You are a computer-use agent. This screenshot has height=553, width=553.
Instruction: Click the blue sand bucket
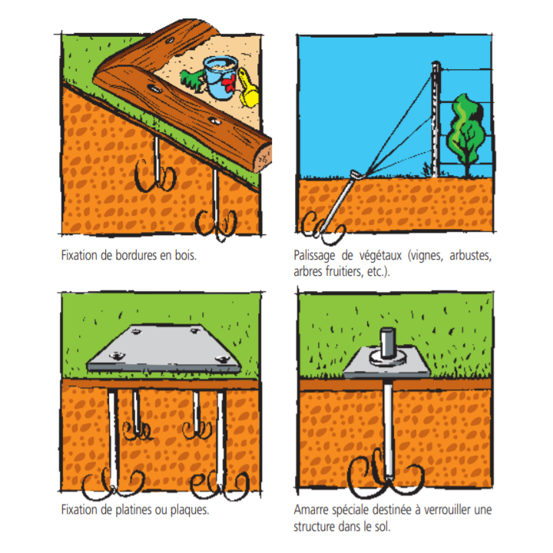pos(220,78)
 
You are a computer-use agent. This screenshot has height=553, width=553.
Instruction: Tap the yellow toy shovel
pos(249,88)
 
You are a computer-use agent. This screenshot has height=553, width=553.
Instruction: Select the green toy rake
pos(192,81)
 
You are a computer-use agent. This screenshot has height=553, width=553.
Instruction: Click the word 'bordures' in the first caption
pos(136,255)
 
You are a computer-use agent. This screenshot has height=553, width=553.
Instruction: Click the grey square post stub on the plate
pos(388,343)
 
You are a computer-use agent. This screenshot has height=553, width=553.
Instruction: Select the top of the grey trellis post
pos(436,65)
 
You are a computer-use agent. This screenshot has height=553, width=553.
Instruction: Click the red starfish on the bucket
pos(230,83)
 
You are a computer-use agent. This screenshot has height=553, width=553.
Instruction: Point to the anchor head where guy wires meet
pos(356,174)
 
